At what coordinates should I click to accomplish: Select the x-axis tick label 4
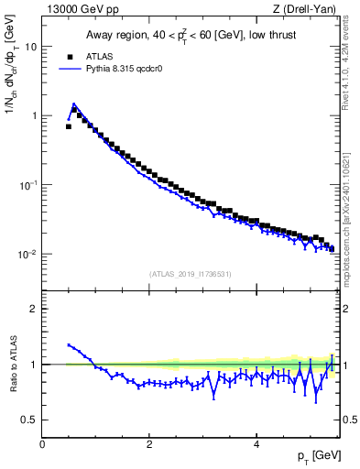click(256, 444)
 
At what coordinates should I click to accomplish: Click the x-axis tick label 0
click(42, 444)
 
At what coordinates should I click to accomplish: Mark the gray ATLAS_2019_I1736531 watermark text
click(191, 274)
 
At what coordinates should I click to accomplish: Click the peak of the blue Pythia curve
click(73, 104)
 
